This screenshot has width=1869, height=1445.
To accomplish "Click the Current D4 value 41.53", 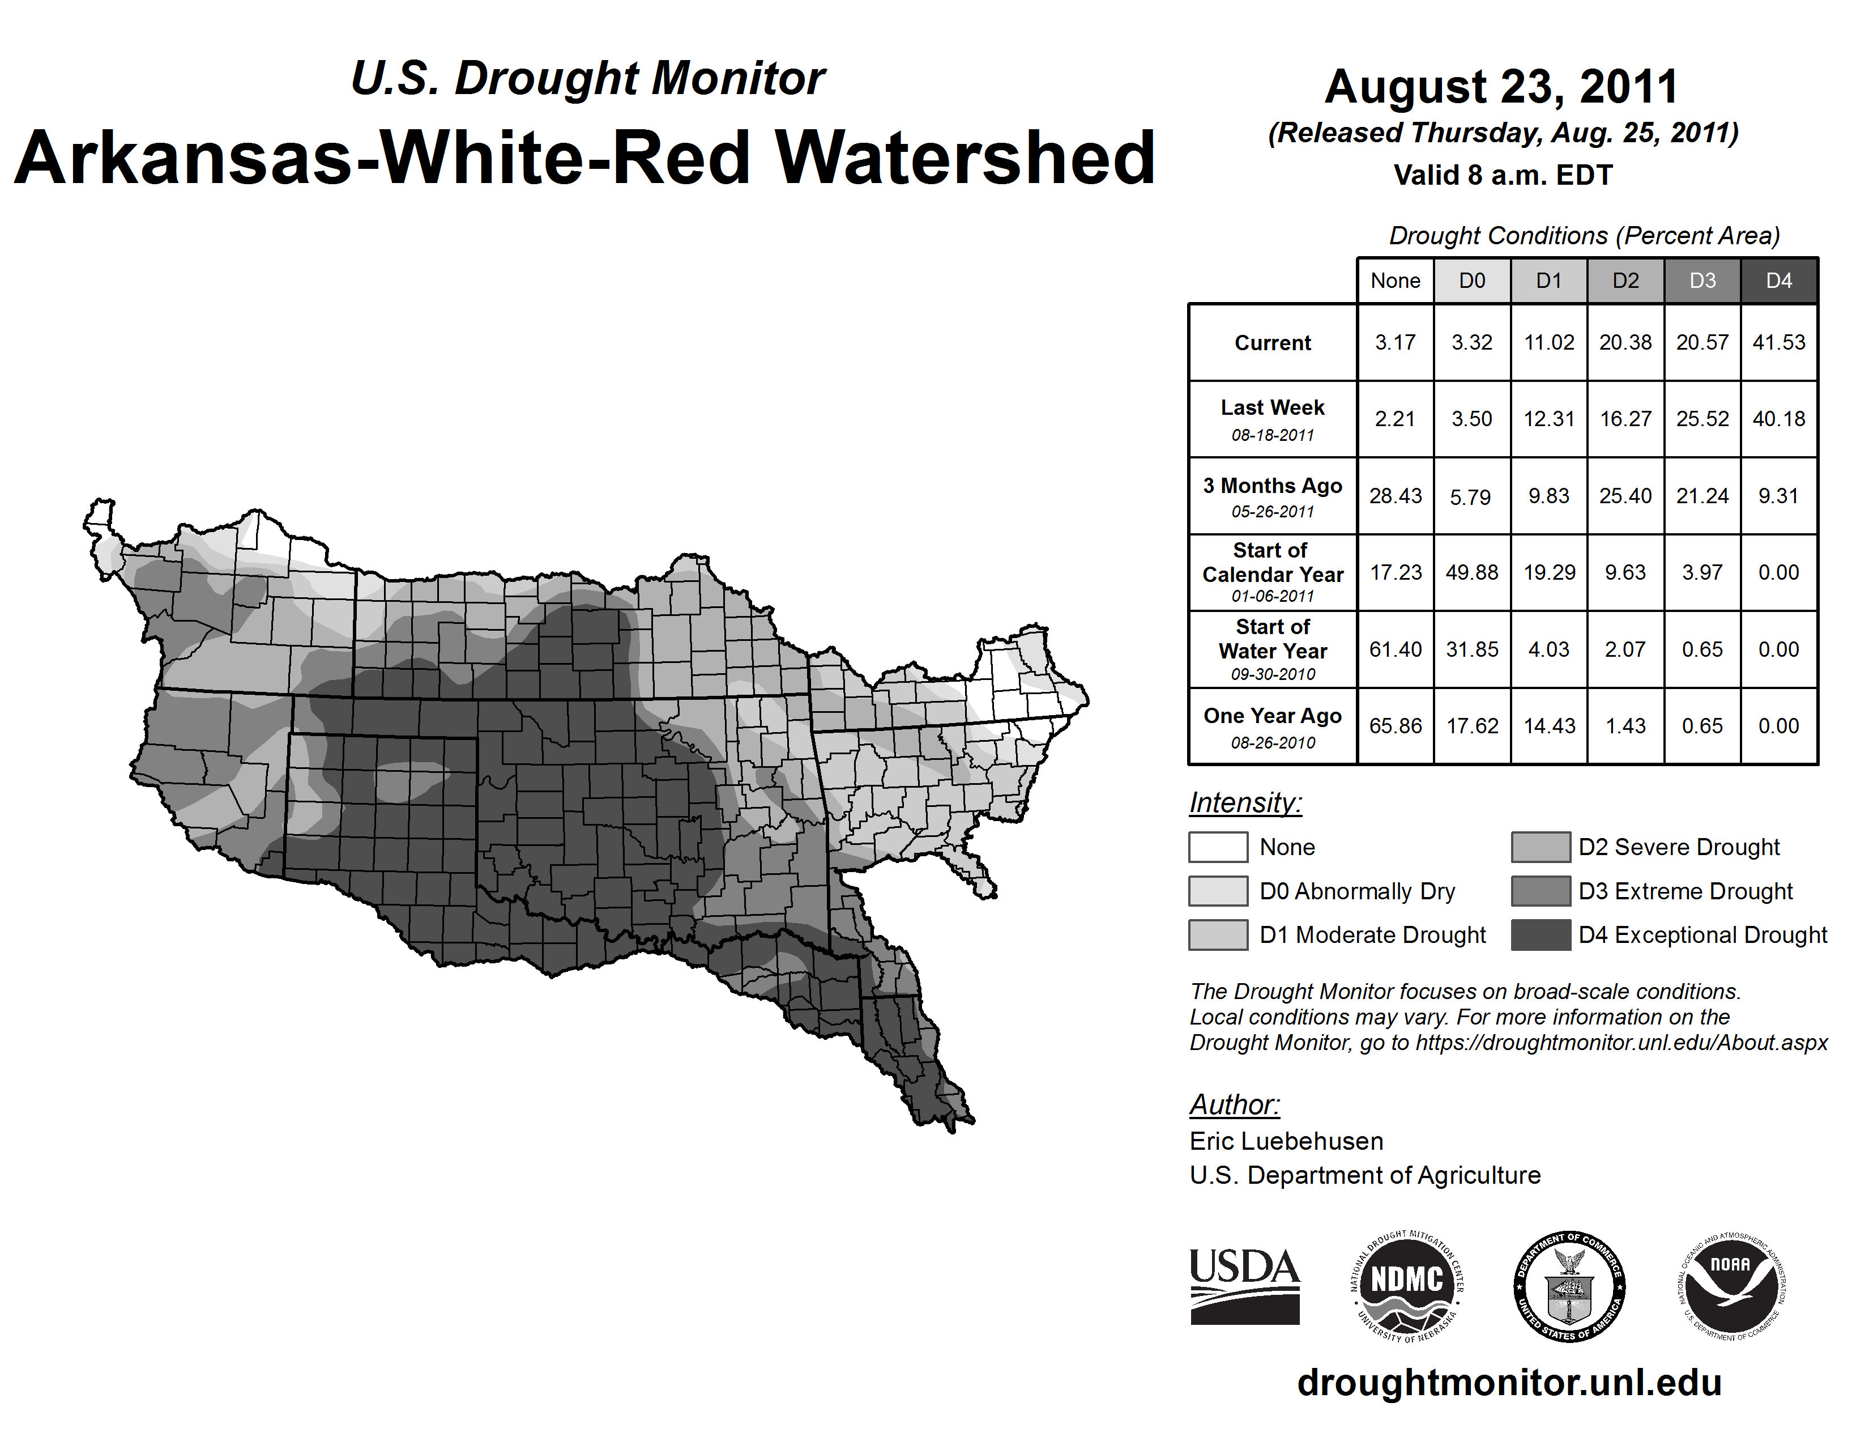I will point(1778,342).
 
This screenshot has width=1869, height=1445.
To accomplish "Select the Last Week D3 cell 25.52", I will point(1702,419).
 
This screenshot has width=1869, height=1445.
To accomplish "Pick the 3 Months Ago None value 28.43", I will point(1395,496).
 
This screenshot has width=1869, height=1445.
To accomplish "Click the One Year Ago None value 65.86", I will point(1395,726).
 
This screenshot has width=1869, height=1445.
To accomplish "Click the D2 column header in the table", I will point(1625,280).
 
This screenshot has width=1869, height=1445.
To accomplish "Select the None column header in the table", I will point(1395,280).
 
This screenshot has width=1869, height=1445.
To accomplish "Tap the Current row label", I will point(1273,342).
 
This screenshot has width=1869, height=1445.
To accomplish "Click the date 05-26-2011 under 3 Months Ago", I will point(1273,512).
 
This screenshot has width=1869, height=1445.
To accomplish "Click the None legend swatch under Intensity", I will point(1218,847).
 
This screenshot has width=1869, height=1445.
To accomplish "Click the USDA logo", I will point(1244,1286).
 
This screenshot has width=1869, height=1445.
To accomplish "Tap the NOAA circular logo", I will point(1730,1286).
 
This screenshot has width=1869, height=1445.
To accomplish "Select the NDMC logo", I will point(1407,1286).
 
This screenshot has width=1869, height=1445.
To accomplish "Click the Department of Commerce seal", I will point(1569,1286).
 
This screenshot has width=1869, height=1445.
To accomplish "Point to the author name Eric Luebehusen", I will point(1286,1141).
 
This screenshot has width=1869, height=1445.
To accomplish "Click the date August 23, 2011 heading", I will point(1502,87).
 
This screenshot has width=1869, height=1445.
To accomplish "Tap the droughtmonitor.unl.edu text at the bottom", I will point(1509,1383).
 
